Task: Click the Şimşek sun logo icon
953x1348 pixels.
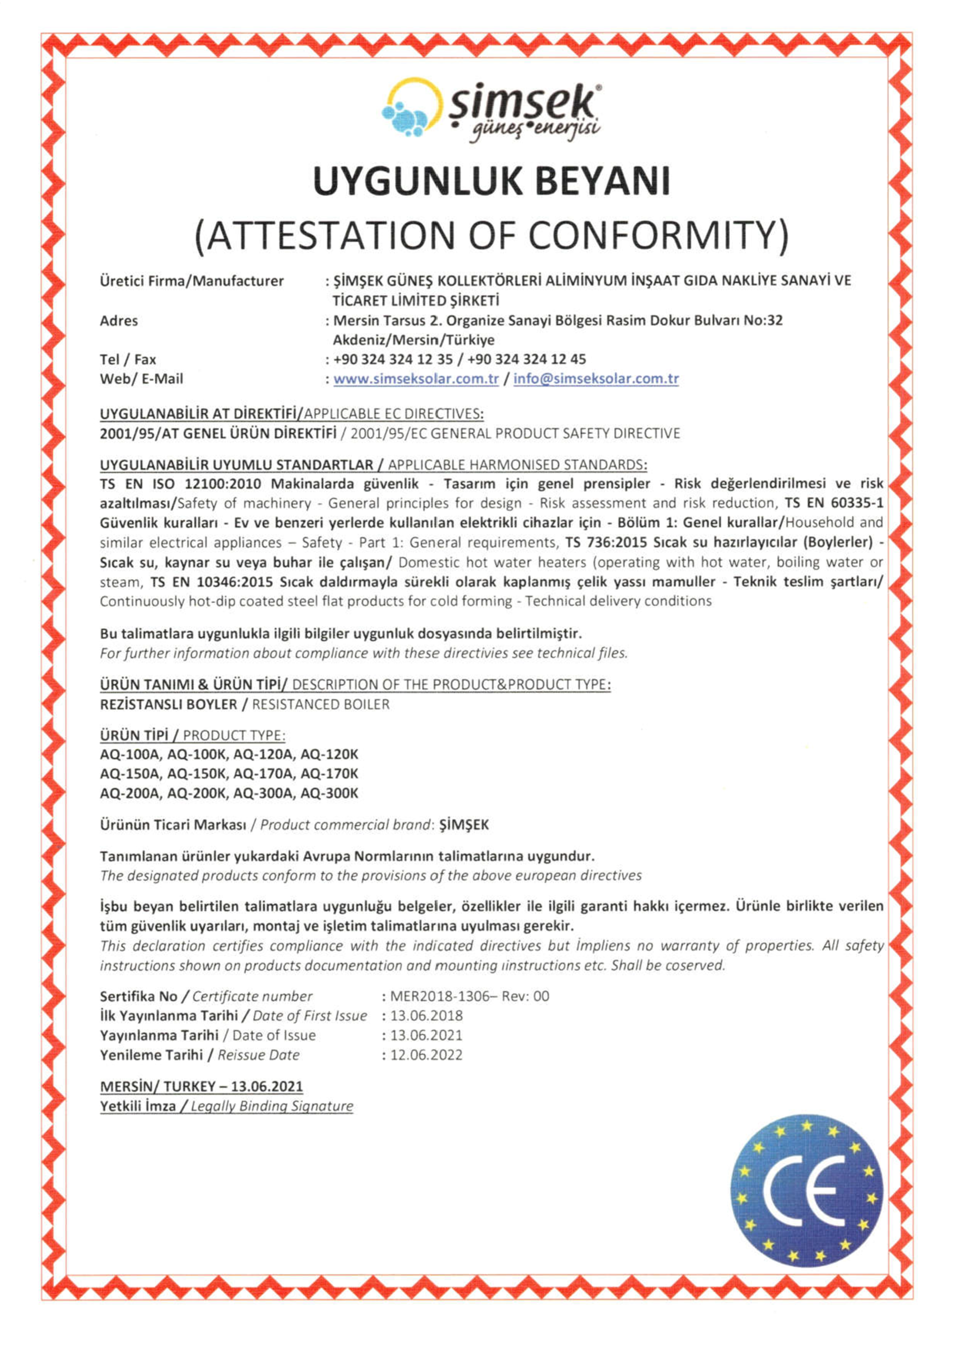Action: [412, 108]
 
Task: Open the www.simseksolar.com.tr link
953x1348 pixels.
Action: [416, 379]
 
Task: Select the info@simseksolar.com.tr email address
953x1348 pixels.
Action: [596, 379]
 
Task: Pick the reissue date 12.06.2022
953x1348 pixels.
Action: [426, 1055]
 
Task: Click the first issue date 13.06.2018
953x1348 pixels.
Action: [426, 1016]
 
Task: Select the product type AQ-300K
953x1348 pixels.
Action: [329, 794]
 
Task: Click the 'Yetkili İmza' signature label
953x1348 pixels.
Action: [137, 1106]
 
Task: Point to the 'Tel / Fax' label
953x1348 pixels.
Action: [127, 359]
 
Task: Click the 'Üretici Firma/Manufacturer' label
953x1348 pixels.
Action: [192, 281]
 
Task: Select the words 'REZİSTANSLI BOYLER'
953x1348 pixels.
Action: [168, 704]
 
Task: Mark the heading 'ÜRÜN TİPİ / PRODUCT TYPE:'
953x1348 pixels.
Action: [193, 735]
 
